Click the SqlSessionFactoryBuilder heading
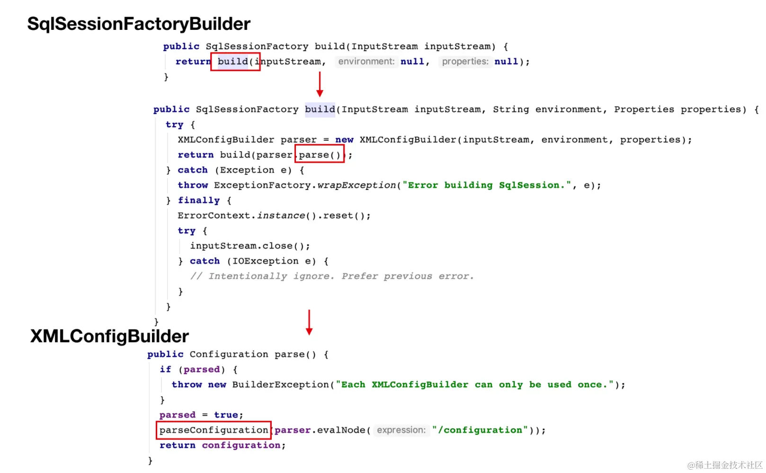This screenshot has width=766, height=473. (139, 24)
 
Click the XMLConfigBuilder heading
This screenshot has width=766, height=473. (109, 336)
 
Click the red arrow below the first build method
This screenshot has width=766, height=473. (320, 84)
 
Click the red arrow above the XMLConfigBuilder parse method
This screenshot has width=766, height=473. (309, 322)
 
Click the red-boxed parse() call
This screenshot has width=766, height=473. (320, 155)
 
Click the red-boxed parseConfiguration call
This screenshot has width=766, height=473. (214, 430)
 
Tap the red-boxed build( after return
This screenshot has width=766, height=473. (235, 62)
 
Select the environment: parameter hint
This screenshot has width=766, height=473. (366, 62)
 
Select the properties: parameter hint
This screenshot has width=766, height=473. (465, 62)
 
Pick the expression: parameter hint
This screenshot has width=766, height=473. (401, 430)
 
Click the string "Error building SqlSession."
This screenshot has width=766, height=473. (487, 185)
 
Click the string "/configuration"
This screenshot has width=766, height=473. (480, 430)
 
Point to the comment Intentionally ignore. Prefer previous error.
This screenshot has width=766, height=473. (332, 276)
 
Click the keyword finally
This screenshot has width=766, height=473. (198, 200)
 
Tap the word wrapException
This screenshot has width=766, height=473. (356, 185)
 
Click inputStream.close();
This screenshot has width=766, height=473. (249, 246)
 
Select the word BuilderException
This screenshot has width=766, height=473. (280, 384)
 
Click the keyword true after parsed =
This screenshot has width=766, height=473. (226, 415)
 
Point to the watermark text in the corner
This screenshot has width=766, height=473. (725, 465)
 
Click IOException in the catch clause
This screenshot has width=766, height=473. (265, 261)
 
